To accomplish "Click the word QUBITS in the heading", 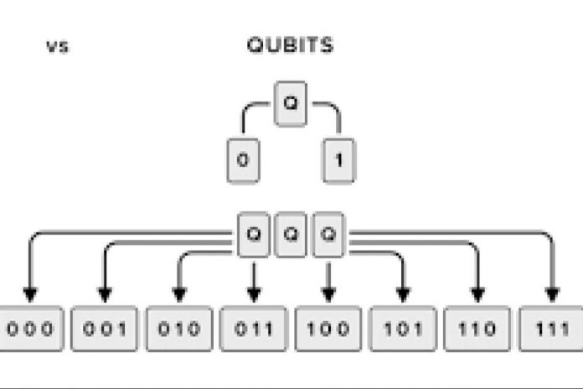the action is click(x=290, y=45).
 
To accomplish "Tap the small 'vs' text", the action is click(x=58, y=47).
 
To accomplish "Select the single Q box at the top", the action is click(x=291, y=104).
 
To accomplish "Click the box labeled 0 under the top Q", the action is click(x=243, y=161).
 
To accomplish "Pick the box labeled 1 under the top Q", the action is click(x=338, y=161).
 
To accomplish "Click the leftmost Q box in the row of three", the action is click(x=254, y=235).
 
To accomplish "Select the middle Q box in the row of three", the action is click(x=291, y=235).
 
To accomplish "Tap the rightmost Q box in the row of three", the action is click(x=328, y=235).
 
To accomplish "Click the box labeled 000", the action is click(x=31, y=329).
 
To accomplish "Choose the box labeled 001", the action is click(x=105, y=329).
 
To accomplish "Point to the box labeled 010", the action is click(x=179, y=329).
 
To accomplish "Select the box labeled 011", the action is click(x=254, y=329).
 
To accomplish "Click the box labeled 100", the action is click(x=328, y=329).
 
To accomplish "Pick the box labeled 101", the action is click(x=403, y=329).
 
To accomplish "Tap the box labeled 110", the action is click(x=477, y=329).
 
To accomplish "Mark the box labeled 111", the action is click(x=551, y=329).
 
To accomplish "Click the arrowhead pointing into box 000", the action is click(x=30, y=294).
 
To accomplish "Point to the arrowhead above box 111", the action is click(x=553, y=294).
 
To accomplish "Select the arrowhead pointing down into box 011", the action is click(x=254, y=294).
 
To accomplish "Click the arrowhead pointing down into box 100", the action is click(x=328, y=294).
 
